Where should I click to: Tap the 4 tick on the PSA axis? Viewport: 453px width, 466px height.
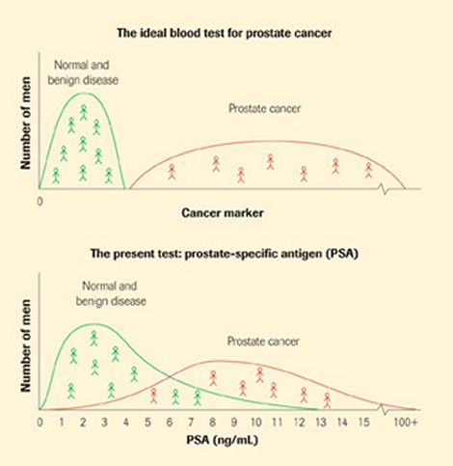pyautogui.click(x=127, y=424)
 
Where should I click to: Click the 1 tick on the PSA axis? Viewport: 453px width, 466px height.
pyautogui.click(x=62, y=424)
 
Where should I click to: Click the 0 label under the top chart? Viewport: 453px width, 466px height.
pyautogui.click(x=40, y=202)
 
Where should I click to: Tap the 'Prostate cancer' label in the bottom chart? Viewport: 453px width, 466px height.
pyautogui.click(x=263, y=341)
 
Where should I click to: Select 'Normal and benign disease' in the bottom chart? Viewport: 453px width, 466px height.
pyautogui.click(x=111, y=294)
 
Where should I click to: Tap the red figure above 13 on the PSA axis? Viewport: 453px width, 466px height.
pyautogui.click(x=327, y=398)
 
